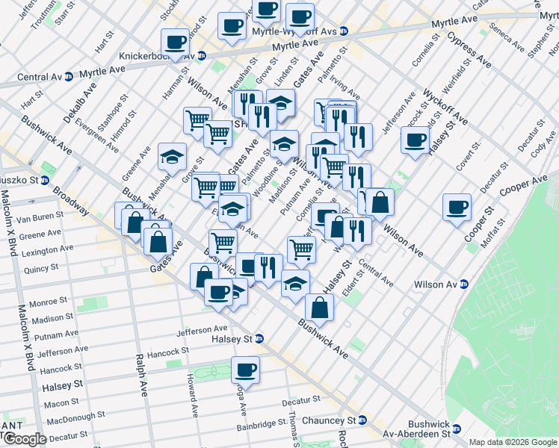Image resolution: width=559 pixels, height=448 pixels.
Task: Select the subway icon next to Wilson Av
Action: (464, 284)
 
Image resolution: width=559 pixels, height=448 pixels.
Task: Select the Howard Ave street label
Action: (192, 396)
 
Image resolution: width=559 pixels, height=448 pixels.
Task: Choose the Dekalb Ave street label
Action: (76, 110)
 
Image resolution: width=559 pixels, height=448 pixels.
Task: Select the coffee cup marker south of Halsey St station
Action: (245, 369)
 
